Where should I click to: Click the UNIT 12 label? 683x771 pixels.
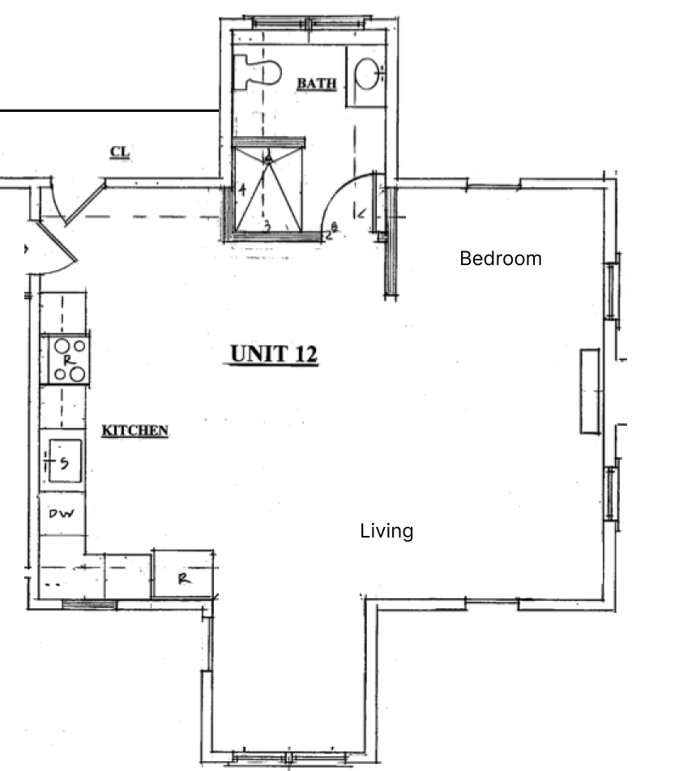point(273,354)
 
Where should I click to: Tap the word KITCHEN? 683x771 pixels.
point(134,430)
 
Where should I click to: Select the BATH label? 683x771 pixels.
point(316,84)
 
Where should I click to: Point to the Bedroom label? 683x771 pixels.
point(500,259)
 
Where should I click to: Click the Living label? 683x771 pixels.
point(386,531)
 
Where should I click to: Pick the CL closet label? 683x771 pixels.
point(120,152)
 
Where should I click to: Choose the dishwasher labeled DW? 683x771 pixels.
point(62,514)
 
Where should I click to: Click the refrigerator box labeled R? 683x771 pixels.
point(184,578)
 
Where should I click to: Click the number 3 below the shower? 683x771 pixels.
point(267,226)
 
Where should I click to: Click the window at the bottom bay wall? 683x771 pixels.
point(288,760)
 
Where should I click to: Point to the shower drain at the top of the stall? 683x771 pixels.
point(268,159)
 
